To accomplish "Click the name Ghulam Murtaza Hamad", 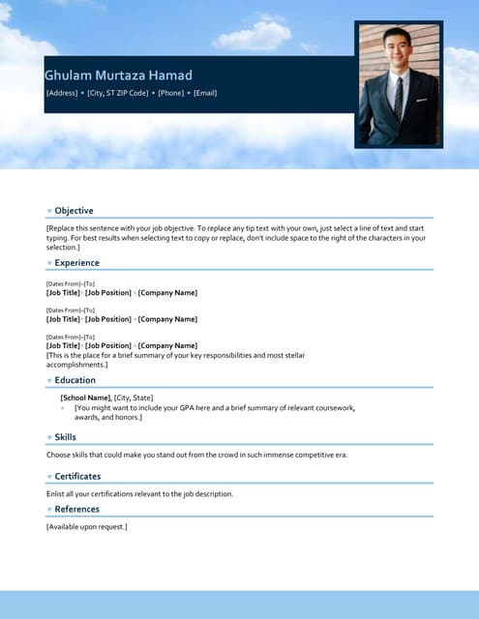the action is [x=118, y=75].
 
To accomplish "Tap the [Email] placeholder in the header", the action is [x=205, y=93].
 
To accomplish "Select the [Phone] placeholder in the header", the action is [x=171, y=93].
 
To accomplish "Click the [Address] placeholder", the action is [x=63, y=93].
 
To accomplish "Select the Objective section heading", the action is [x=74, y=211].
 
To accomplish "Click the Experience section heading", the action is [x=76, y=263].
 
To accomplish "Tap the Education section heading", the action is [x=75, y=381].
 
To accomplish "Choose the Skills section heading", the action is [x=65, y=438].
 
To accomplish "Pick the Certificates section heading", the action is [x=77, y=477].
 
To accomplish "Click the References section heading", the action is [x=76, y=510].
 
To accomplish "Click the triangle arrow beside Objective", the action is [x=49, y=212].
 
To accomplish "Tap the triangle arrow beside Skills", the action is [x=49, y=439].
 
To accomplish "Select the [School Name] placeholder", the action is [x=85, y=398].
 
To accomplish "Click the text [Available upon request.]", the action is [x=87, y=527].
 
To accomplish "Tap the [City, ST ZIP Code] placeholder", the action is [x=118, y=93].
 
